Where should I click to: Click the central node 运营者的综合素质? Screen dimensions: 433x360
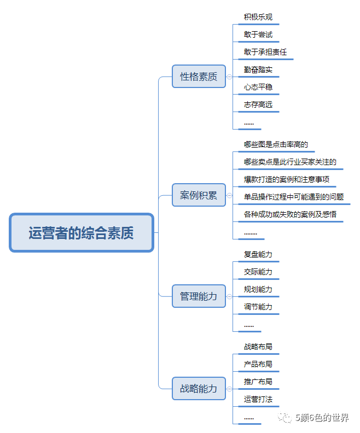tap(82, 233)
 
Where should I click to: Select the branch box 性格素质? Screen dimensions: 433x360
tap(199, 77)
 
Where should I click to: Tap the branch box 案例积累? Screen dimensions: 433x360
tap(199, 195)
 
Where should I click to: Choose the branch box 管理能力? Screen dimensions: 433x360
tap(199, 296)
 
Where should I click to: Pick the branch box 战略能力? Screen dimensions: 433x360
tap(199, 389)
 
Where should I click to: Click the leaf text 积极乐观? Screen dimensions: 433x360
tap(258, 17)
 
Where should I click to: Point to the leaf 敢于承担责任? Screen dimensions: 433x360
tap(265, 52)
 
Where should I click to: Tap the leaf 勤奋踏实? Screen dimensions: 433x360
tap(258, 69)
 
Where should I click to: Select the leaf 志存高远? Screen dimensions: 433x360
tap(258, 104)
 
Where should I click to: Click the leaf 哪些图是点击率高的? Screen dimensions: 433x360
tap(276, 145)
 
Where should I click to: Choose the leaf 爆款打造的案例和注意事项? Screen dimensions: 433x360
tap(287, 179)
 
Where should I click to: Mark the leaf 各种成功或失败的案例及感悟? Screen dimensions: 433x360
tap(290, 214)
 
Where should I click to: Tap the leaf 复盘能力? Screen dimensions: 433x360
tap(258, 254)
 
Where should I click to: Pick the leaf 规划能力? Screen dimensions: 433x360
tap(258, 289)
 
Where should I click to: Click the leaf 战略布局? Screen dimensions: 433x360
tap(258, 347)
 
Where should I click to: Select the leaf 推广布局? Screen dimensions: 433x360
tap(258, 382)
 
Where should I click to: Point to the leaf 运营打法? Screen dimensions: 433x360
tap(258, 399)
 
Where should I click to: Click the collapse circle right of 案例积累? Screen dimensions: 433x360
tap(229, 195)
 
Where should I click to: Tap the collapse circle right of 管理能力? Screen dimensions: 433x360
tap(229, 296)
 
